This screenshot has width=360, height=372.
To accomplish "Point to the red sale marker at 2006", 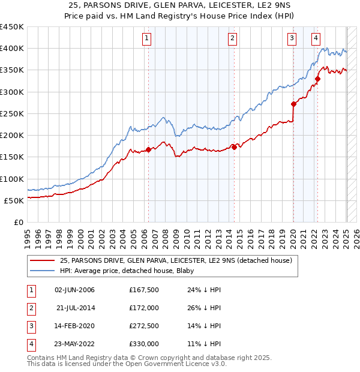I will [148, 149].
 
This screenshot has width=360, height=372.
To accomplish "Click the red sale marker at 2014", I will [234, 147].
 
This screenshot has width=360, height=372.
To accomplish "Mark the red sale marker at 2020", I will [293, 104].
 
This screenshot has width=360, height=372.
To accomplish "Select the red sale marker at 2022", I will [317, 79].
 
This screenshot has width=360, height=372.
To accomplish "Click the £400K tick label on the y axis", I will [12, 49].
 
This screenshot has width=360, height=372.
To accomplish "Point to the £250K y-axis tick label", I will [12, 113].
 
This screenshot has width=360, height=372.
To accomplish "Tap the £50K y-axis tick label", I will [14, 200].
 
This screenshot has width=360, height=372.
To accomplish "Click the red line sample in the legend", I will [43, 260].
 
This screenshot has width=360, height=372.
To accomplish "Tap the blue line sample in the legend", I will [43, 271].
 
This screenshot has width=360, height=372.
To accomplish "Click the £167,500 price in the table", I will [143, 290].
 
